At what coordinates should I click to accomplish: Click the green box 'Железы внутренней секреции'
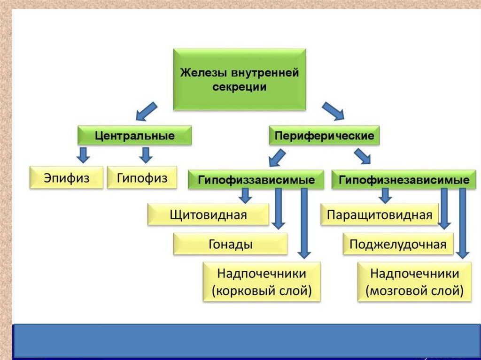[x=240, y=79]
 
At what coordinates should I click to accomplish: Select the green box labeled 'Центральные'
[x=135, y=136]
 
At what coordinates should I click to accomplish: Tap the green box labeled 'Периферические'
[x=324, y=136]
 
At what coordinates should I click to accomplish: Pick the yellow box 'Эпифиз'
[x=66, y=177]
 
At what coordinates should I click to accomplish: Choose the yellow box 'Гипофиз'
[x=142, y=177]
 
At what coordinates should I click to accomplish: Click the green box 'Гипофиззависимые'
[x=256, y=180]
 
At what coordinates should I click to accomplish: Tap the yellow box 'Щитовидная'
[x=208, y=215]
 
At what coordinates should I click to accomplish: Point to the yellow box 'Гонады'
[x=230, y=244]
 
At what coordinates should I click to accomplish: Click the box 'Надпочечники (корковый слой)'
[x=262, y=282]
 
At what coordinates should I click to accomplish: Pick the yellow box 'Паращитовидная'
[x=379, y=215]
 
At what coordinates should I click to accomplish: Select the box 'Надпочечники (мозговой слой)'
[x=414, y=282]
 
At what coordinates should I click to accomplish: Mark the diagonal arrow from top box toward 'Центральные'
[x=146, y=111]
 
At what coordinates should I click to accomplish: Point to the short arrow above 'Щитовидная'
[x=245, y=195]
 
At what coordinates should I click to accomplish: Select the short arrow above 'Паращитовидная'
[x=385, y=195]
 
